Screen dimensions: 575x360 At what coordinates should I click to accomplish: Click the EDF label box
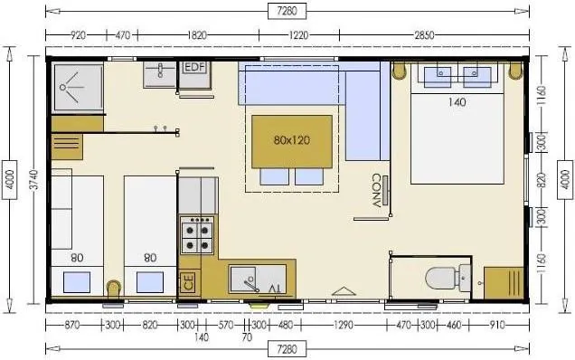point(195,68)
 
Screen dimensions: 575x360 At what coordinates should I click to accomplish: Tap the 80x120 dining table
point(292,141)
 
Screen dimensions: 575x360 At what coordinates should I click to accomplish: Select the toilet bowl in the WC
point(440,278)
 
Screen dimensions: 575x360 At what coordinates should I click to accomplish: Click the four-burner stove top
point(197,234)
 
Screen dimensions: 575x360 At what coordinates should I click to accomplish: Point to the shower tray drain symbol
point(62,88)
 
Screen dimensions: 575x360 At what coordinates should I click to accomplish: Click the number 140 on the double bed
point(457,101)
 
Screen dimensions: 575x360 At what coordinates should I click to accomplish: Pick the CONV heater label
point(377,191)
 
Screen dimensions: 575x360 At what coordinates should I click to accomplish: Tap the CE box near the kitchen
point(189,282)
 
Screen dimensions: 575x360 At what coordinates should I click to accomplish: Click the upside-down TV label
point(276,289)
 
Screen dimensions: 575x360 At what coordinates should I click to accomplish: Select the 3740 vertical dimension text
point(33,179)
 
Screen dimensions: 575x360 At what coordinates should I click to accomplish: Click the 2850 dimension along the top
point(424,35)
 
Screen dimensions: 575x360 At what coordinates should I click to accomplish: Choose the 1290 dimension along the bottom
point(344,325)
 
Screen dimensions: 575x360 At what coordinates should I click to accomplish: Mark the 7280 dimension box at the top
point(287,11)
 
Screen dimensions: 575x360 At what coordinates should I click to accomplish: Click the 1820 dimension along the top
point(197,35)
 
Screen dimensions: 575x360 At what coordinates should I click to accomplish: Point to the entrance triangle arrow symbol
point(344,291)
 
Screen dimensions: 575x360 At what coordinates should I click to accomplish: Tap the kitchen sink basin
point(243,279)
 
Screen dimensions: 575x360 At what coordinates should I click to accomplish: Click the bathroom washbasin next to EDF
point(160,74)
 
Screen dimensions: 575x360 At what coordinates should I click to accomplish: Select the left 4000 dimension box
point(10,180)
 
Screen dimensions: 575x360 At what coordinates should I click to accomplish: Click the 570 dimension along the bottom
point(225,325)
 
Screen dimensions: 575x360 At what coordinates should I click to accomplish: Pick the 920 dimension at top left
point(78,35)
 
